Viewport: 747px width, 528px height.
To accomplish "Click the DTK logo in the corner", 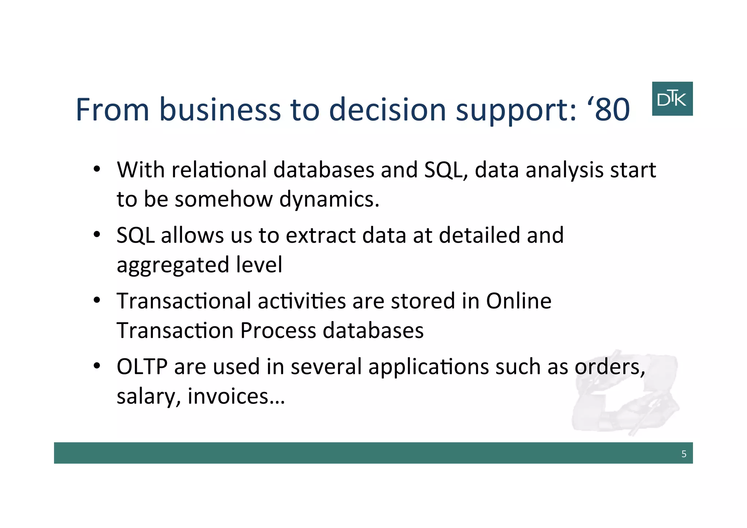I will point(672,99).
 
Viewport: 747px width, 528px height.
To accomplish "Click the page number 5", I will point(684,454).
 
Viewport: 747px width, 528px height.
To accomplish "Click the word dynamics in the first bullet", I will point(329,200).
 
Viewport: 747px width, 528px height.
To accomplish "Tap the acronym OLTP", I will point(142,367).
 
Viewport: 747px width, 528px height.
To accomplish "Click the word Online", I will point(518,301).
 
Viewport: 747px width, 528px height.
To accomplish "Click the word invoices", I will point(236,396).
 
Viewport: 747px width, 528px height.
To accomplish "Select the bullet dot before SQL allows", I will point(97,235).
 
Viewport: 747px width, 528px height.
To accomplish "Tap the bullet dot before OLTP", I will point(97,366).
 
